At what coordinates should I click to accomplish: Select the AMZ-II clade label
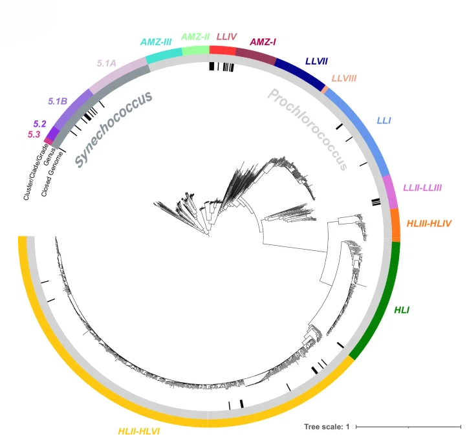click(x=195, y=36)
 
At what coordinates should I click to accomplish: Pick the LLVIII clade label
click(x=344, y=79)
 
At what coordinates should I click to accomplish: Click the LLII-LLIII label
click(x=422, y=188)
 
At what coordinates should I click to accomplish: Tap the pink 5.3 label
click(x=34, y=134)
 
